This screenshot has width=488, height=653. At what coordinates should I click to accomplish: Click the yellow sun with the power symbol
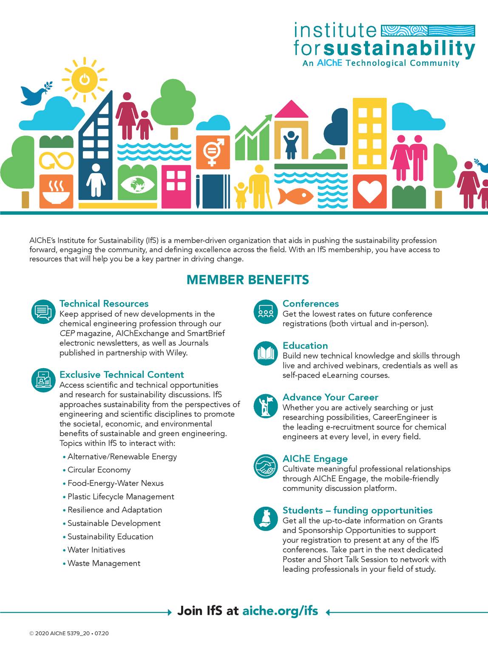point(85,79)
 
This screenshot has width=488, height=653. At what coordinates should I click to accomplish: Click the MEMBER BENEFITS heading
point(247,280)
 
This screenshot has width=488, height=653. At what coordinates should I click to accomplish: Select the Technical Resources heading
point(104,304)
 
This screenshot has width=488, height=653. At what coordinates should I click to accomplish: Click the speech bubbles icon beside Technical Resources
point(43,312)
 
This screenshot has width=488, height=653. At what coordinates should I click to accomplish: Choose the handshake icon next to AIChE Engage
point(266,467)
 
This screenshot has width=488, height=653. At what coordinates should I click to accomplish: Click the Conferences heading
point(310,304)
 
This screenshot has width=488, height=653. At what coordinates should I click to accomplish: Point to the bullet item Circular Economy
point(99,470)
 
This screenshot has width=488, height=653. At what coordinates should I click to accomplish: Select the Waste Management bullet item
point(104,563)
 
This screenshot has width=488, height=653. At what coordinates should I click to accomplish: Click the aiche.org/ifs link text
point(280,611)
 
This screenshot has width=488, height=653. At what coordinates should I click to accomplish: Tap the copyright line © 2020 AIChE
point(69,633)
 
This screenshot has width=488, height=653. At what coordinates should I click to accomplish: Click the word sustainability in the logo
point(399,48)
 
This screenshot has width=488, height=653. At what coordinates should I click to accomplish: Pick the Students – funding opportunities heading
point(357,510)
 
